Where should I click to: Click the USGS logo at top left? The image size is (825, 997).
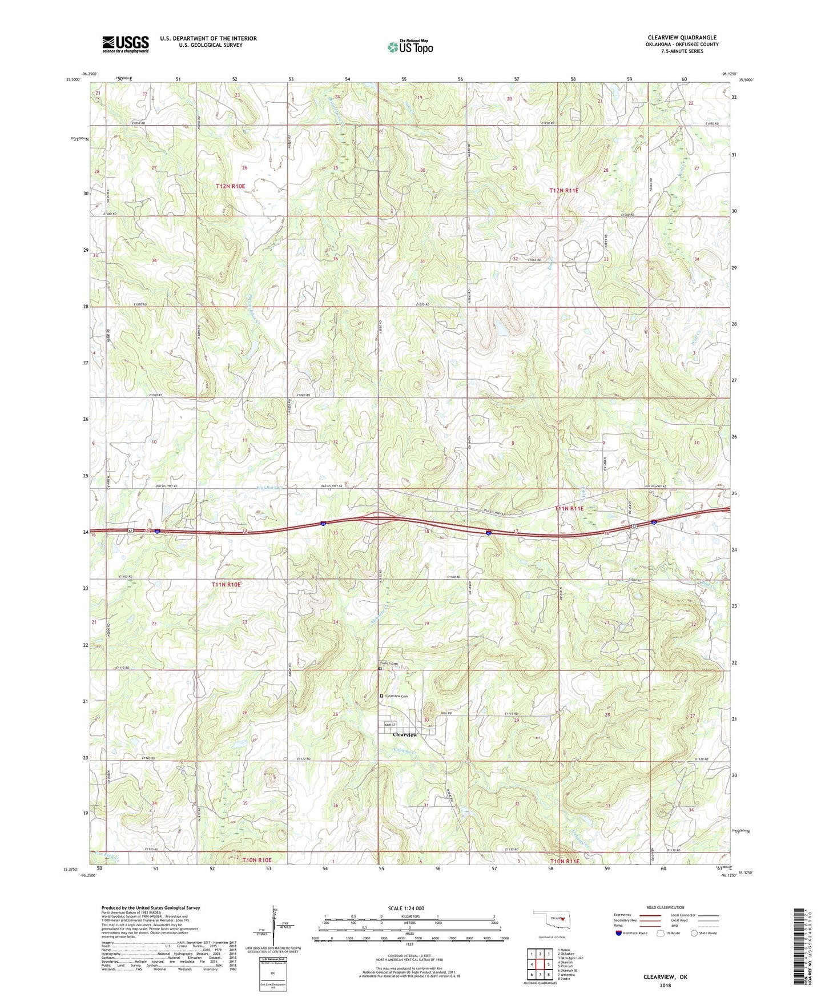tap(126, 44)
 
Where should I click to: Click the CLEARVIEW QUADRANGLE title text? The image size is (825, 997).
tap(682, 38)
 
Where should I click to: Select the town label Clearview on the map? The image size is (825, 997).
tap(405, 734)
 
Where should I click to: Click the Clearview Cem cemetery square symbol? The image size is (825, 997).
tap(383, 696)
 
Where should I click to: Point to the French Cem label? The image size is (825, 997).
tap(389, 664)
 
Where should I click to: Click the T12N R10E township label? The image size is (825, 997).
tap(230, 186)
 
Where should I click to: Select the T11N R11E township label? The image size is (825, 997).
tap(569, 508)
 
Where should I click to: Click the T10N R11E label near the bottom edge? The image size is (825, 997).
tap(565, 861)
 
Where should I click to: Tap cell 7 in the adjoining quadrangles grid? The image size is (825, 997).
tap(540, 975)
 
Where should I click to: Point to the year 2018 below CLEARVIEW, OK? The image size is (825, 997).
tap(665, 985)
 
